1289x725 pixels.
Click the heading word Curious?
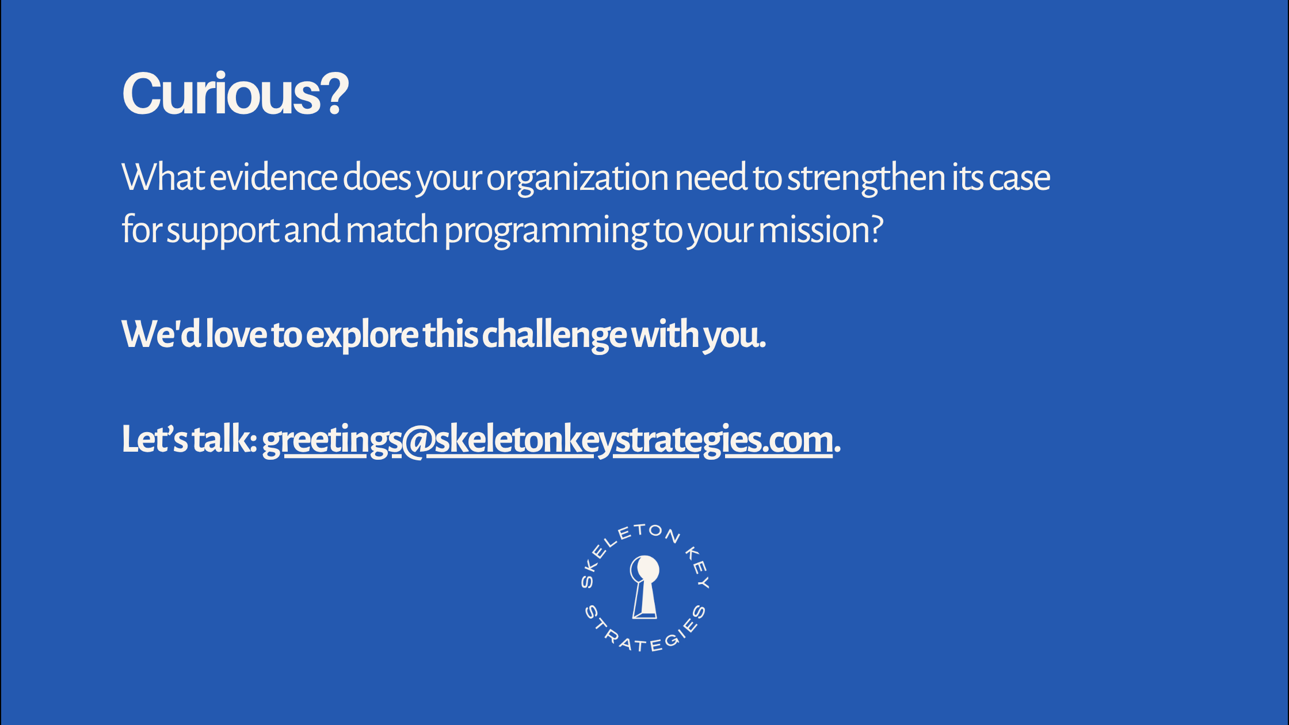tap(235, 93)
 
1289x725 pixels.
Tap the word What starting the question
tap(163, 177)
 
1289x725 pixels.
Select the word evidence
tap(273, 177)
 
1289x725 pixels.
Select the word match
tap(392, 229)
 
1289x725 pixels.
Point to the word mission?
tap(821, 229)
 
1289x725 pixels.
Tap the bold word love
tap(237, 334)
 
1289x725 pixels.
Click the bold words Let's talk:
tap(189, 439)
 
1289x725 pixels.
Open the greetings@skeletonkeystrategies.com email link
tap(547, 441)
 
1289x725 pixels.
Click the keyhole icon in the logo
tap(644, 587)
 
